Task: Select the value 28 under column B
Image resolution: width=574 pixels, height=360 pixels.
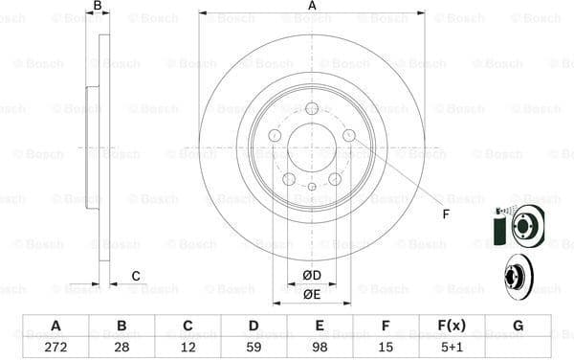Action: pyautogui.click(x=121, y=346)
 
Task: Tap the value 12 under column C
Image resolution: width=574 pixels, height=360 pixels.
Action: pyautogui.click(x=188, y=346)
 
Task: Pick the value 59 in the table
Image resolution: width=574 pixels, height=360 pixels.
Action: pyautogui.click(x=254, y=346)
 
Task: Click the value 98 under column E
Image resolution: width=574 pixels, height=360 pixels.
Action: pyautogui.click(x=320, y=346)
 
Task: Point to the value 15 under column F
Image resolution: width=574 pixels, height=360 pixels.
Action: pyautogui.click(x=386, y=346)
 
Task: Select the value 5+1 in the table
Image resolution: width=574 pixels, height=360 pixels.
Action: pyautogui.click(x=452, y=346)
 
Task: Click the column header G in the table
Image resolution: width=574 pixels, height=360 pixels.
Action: pyautogui.click(x=518, y=326)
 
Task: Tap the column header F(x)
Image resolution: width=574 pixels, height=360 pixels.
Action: pyautogui.click(x=452, y=326)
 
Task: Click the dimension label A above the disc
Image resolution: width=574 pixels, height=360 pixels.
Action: pyautogui.click(x=312, y=7)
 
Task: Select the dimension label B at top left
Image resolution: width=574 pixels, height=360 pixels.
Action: pyautogui.click(x=97, y=7)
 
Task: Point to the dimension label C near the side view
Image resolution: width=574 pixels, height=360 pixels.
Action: pyautogui.click(x=136, y=276)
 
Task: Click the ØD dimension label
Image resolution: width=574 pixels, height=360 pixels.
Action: pyautogui.click(x=312, y=276)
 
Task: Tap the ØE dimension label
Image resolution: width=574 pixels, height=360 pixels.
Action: pyautogui.click(x=312, y=294)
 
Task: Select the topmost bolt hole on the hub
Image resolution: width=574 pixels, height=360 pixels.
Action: pyautogui.click(x=312, y=108)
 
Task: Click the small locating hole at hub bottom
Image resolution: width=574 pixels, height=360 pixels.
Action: pyautogui.click(x=312, y=187)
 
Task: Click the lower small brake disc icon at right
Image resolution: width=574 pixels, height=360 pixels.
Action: pyautogui.click(x=522, y=279)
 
